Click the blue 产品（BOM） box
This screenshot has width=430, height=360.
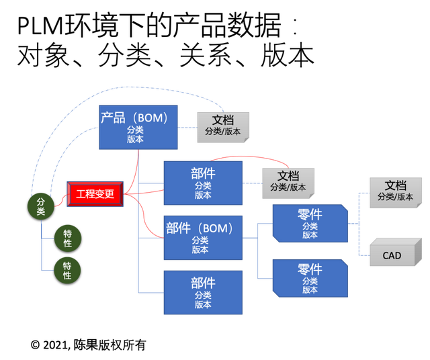(138, 127)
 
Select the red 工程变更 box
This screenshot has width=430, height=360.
(95, 194)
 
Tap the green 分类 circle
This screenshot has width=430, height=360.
(41, 206)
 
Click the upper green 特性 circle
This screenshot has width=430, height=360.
(67, 238)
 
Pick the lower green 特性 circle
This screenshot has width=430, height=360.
(67, 270)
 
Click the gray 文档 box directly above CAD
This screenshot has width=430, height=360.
(395, 190)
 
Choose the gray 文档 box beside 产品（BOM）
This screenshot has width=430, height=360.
(223, 126)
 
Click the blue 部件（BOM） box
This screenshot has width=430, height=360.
(202, 236)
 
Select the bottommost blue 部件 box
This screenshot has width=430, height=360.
(202, 292)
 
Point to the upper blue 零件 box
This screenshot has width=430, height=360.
(310, 224)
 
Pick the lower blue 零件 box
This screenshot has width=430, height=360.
(310, 279)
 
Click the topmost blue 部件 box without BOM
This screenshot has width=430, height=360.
(202, 182)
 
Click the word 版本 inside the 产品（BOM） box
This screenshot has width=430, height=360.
(135, 139)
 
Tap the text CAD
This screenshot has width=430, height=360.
(392, 255)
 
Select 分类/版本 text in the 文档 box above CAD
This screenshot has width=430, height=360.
(396, 197)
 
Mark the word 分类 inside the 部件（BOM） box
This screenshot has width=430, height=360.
(200, 240)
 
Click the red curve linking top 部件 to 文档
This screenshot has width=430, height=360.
(262, 156)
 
